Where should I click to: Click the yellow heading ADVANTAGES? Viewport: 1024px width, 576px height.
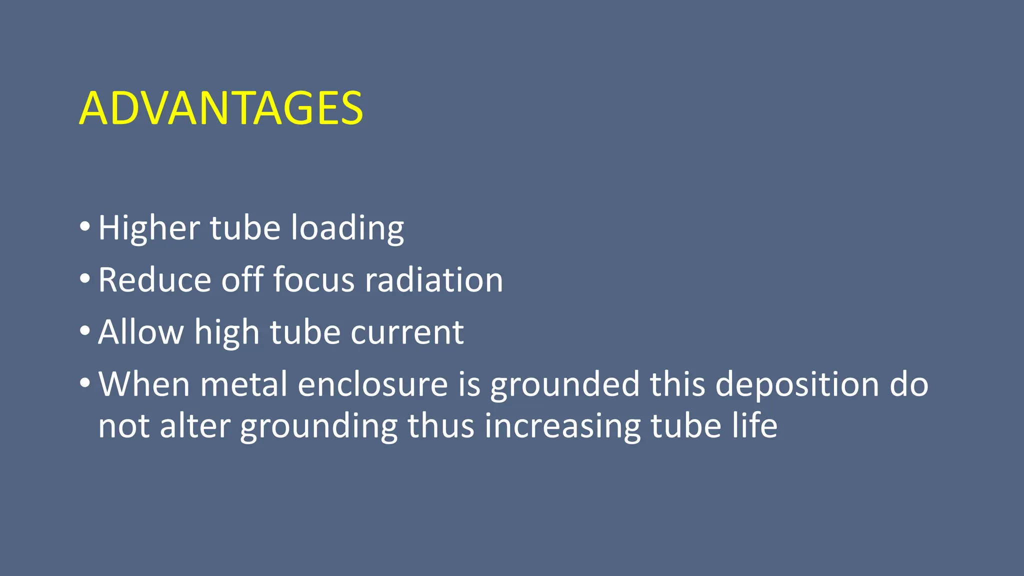(x=221, y=108)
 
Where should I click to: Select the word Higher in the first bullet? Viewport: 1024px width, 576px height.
(x=148, y=228)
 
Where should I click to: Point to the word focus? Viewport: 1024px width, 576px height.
(x=314, y=280)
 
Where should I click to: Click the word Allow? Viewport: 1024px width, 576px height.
(x=141, y=332)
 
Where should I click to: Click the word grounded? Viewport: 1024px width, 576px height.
(x=565, y=385)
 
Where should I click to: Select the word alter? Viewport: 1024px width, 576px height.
(x=195, y=426)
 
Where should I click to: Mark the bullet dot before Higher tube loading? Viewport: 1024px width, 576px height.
(x=84, y=227)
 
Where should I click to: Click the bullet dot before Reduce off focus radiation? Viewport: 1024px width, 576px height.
(x=84, y=278)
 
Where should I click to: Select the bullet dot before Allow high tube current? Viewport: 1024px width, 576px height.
(x=84, y=330)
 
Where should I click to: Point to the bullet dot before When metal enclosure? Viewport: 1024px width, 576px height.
(x=84, y=383)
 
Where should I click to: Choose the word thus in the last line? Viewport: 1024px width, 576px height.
(x=440, y=426)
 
